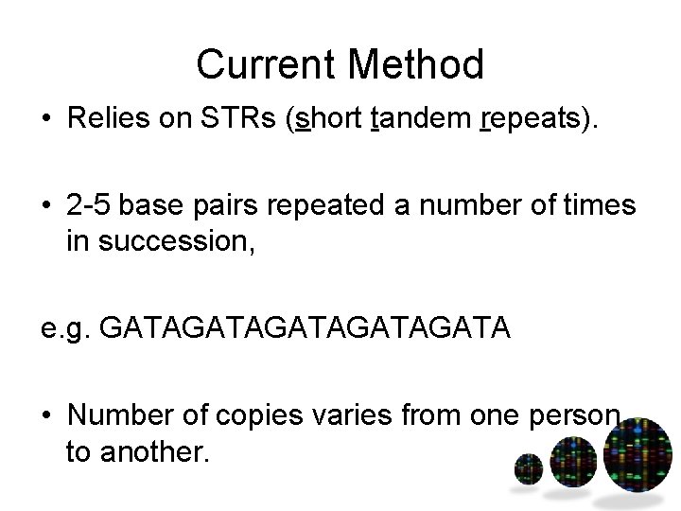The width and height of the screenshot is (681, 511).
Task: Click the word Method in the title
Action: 416,64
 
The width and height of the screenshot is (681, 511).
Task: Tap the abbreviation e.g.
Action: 63,331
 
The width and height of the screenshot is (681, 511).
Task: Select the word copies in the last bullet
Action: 253,415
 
